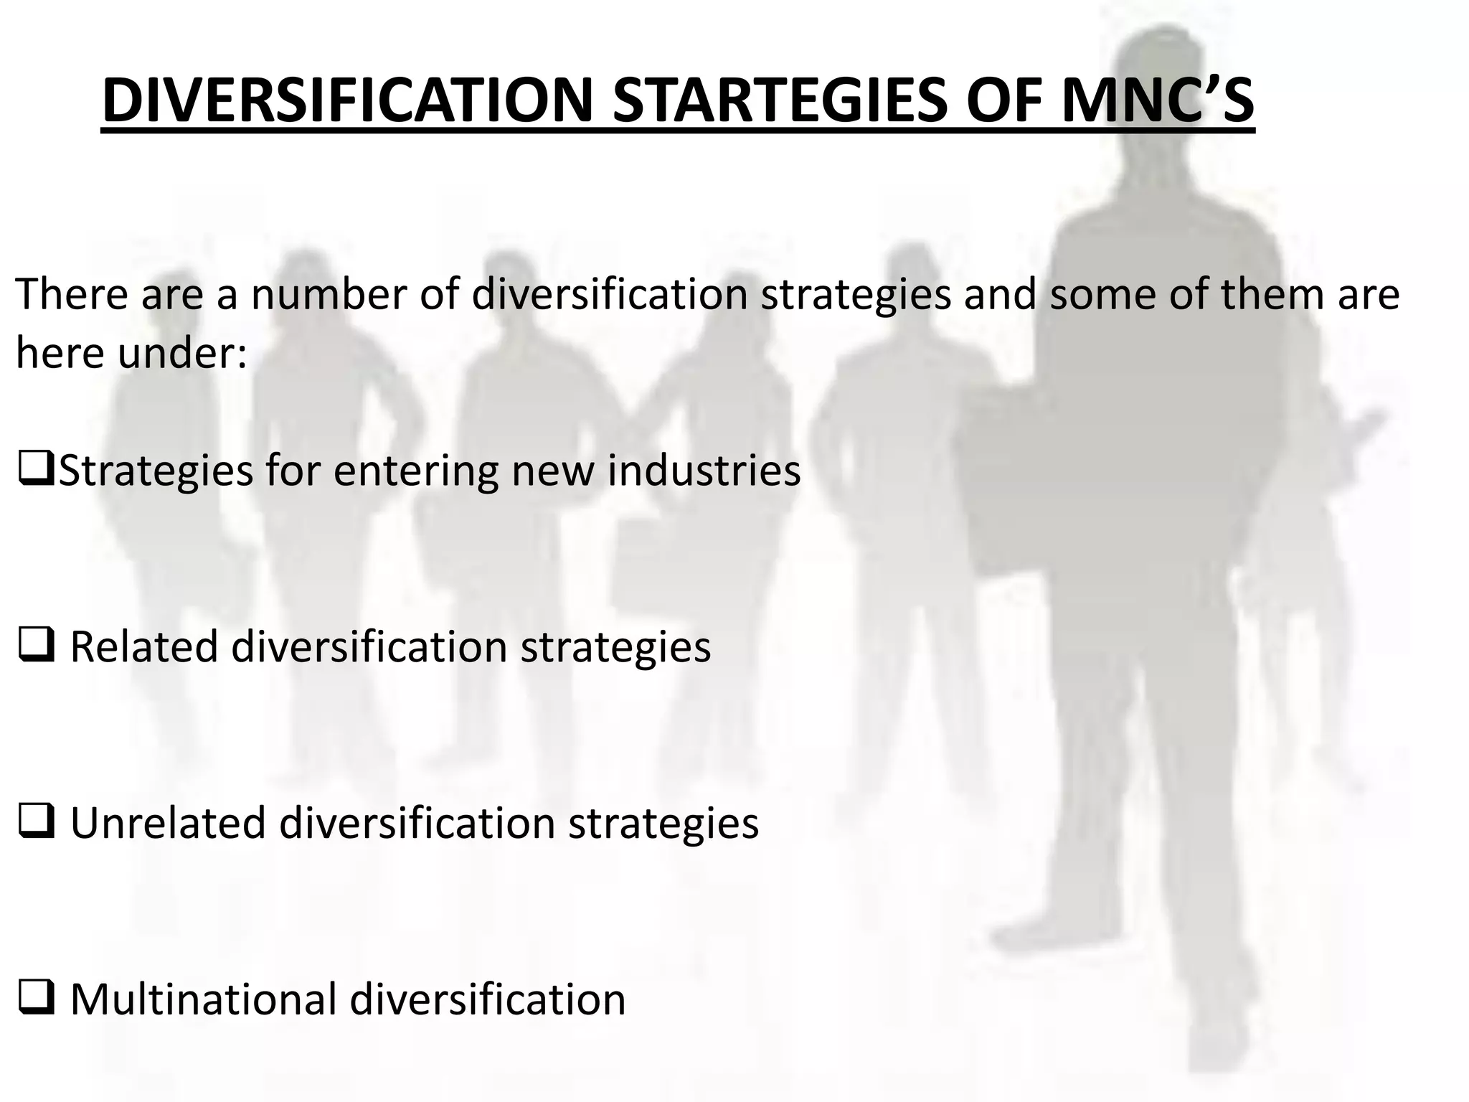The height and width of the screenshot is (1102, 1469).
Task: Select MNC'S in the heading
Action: click(1157, 101)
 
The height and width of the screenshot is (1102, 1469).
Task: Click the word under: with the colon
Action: click(182, 354)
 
